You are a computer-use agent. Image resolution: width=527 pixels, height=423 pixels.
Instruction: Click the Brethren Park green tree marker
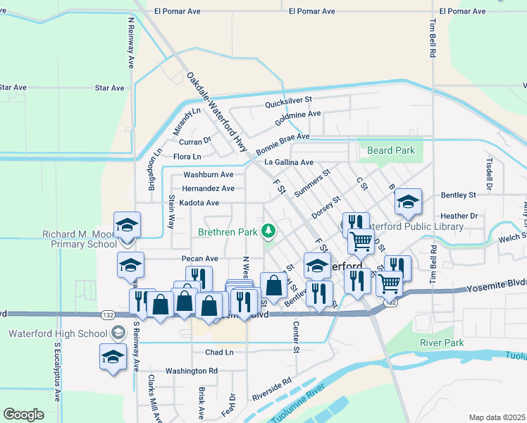268,231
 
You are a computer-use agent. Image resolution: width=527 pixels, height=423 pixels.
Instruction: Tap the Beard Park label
390,150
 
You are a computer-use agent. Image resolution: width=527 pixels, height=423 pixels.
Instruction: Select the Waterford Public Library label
414,226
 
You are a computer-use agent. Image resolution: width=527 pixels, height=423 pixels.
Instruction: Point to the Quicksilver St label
287,103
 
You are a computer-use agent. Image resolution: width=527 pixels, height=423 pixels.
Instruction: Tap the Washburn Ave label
208,174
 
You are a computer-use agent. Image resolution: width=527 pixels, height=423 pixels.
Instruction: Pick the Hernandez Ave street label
208,188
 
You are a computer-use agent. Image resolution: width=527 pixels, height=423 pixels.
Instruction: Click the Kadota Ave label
199,202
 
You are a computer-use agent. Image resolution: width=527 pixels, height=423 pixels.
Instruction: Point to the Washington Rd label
192,370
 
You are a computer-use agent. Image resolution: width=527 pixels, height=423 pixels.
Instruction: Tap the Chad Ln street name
219,352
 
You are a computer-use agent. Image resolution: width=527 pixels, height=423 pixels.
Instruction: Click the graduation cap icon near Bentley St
408,202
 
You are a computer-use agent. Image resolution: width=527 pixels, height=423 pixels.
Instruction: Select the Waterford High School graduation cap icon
113,357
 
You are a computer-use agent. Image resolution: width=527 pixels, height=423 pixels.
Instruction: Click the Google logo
23,415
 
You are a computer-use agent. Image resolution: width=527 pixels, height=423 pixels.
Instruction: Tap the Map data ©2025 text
497,417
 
